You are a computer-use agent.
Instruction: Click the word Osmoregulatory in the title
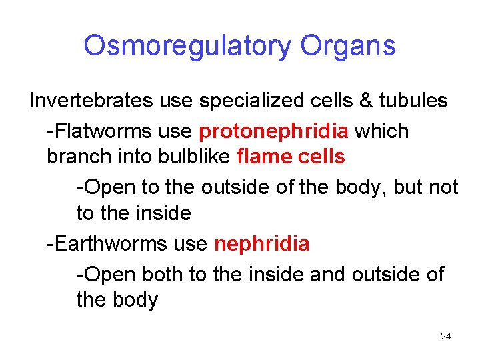point(187,46)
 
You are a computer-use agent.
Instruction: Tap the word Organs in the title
point(348,46)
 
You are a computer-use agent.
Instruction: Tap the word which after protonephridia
point(382,131)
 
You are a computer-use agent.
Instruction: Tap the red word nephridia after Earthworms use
point(262,244)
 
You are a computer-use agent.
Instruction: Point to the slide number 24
point(446,336)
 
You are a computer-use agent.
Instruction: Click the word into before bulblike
point(138,157)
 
